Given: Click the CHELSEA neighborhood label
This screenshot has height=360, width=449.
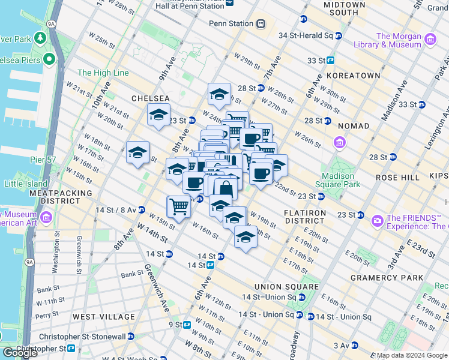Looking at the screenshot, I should tap(151, 98).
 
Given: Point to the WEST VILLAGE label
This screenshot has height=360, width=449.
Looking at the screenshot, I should tap(104, 316).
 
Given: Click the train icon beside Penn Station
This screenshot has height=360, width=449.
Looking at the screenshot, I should tap(261, 24).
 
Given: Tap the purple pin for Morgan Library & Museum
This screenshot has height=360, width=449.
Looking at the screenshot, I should tap(430, 40).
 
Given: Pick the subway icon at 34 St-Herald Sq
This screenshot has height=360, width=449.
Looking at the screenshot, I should tap(339, 35).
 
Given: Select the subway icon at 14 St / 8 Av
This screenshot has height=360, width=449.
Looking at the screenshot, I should tap(141, 209).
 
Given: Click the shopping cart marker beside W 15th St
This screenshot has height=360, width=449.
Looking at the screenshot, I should tap(178, 206).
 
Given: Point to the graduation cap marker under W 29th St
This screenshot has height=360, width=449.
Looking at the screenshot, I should tap(219, 94).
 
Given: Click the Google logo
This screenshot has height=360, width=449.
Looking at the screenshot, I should tap(20, 353).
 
